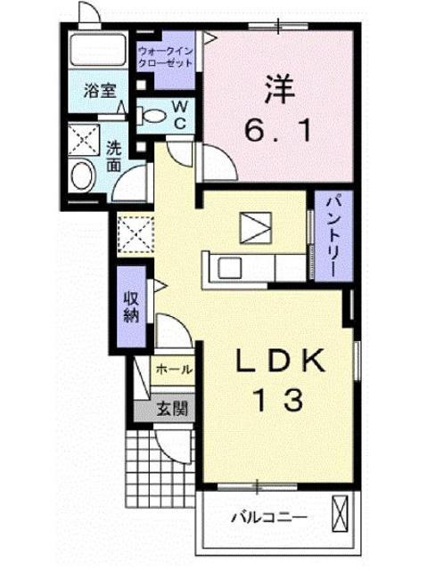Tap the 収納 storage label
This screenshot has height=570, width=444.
129,306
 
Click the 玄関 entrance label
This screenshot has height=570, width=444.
172,410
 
